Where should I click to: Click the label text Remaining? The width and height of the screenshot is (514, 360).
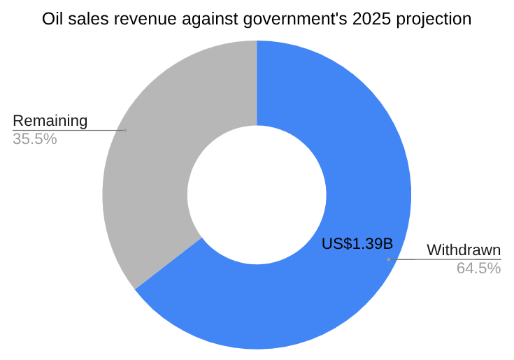tap(50, 121)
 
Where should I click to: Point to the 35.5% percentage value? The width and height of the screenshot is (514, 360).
tap(34, 139)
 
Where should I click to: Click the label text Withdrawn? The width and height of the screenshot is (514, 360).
tap(464, 250)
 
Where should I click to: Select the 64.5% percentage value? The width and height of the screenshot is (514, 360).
tap(478, 268)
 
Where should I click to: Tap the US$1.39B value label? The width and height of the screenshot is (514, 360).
tap(357, 244)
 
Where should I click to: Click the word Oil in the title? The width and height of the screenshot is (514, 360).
tap(52, 19)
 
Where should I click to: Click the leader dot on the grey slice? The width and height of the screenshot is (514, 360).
tap(125, 130)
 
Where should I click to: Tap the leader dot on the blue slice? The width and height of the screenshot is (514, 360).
tap(388, 259)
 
